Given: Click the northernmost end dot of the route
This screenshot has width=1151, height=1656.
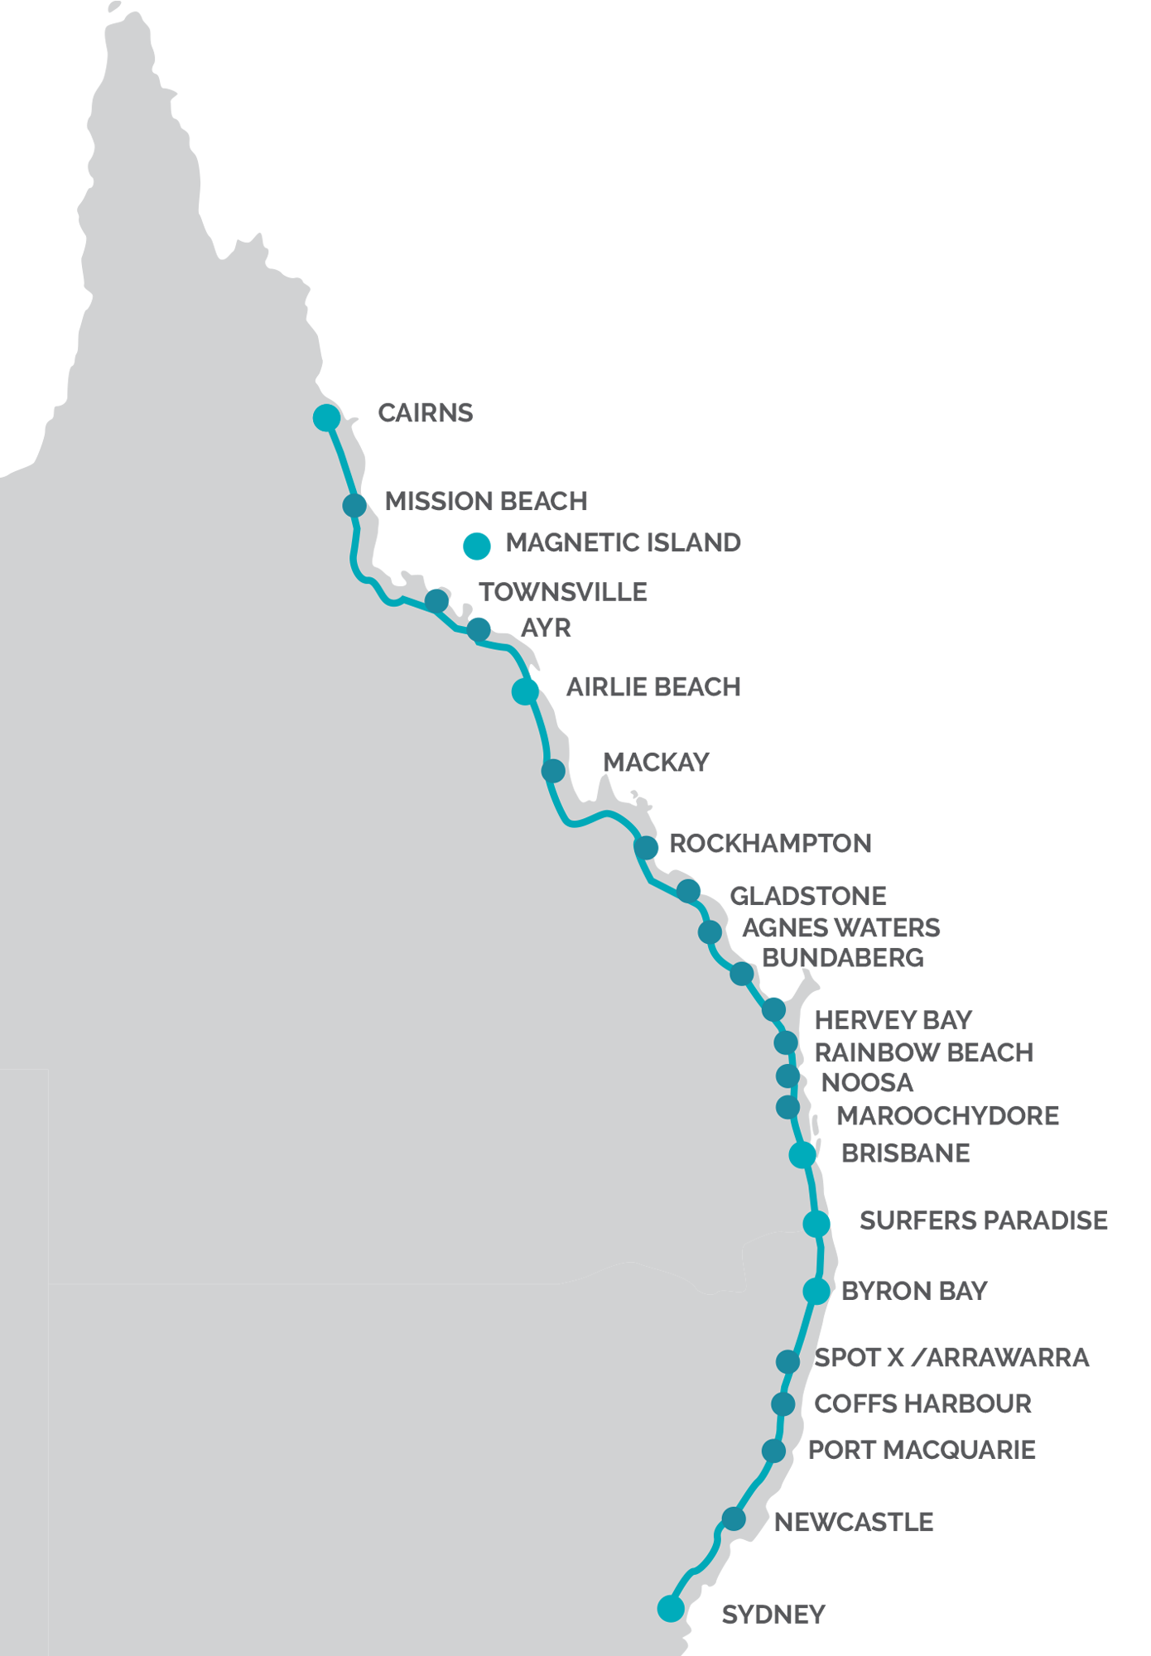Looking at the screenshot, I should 326,417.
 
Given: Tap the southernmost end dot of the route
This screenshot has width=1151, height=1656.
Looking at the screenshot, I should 671,1608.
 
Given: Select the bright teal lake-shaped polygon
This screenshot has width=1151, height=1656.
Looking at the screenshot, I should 467,547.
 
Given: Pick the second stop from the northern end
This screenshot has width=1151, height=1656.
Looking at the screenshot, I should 354,505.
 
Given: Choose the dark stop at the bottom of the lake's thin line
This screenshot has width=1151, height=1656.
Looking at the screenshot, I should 436,600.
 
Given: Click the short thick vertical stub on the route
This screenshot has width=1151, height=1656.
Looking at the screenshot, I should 777,992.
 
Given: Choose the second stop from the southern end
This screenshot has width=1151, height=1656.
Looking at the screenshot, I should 734,1519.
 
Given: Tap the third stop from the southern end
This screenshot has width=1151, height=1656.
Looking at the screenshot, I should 773,1451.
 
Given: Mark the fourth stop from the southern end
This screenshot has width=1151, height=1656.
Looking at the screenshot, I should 783,1403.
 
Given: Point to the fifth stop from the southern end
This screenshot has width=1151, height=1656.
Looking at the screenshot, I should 787,1360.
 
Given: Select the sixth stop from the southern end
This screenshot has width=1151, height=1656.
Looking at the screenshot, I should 816,1290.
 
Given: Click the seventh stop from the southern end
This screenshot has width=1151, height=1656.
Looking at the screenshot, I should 816,1223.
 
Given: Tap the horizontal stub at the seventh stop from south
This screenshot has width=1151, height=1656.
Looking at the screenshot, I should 835,1220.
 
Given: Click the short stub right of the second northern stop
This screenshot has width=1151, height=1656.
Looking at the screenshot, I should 368,498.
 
